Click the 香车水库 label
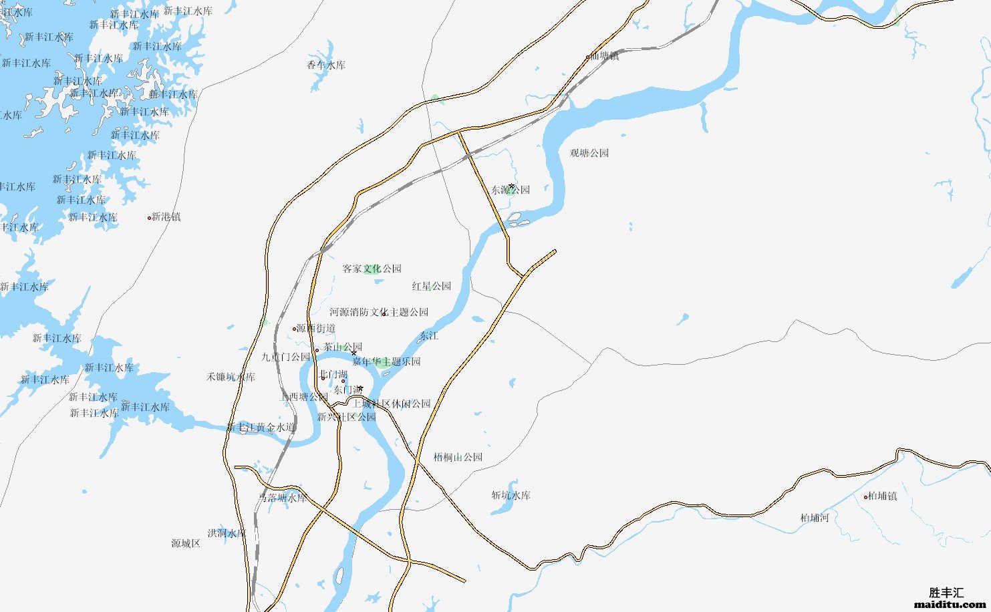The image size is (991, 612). pos(326,65)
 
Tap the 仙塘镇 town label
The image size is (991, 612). pos(605,56)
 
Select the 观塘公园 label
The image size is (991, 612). pos(589,153)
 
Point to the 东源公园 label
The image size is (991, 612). pos(511,190)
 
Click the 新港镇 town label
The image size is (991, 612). pos(166,216)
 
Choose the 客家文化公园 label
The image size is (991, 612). pos(372,269)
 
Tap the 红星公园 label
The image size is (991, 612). pos(431,286)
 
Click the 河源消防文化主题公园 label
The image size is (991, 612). pos(379,312)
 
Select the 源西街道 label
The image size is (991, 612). pos(316,329)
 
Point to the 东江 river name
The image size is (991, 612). pos(428,335)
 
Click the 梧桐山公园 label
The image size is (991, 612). pos(458,457)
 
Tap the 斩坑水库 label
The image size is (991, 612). pos(511,495)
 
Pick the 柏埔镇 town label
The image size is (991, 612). pos(883,496)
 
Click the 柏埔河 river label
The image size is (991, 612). pos(815,518)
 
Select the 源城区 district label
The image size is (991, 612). pos(186,543)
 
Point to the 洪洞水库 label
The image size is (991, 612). pos(227,533)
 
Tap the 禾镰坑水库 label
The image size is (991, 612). pos(231,377)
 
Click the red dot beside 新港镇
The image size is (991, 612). pos(149,217)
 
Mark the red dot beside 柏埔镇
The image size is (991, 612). pos(865,496)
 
